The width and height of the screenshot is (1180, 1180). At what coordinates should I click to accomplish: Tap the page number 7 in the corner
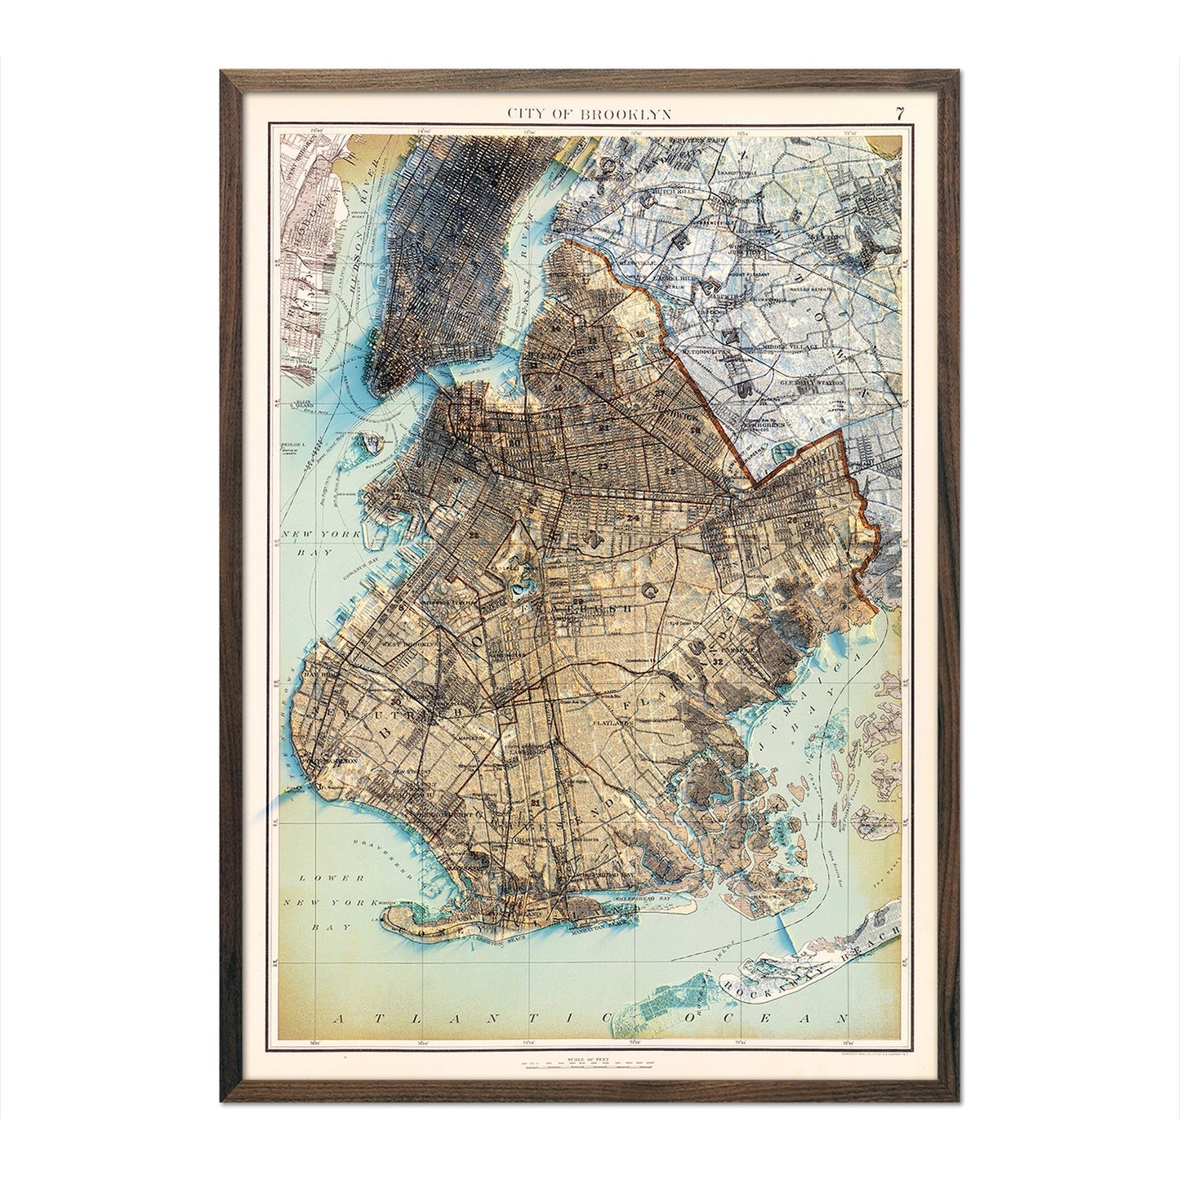click(x=899, y=114)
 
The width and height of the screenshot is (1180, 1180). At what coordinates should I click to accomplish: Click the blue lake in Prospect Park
click(x=519, y=588)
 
